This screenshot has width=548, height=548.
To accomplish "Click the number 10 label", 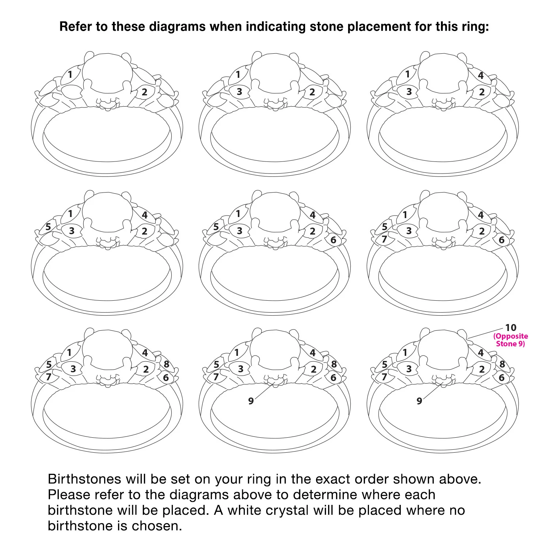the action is [x=511, y=327].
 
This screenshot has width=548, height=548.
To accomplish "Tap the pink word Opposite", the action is [x=511, y=336].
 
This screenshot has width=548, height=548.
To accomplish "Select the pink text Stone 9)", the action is [x=510, y=344].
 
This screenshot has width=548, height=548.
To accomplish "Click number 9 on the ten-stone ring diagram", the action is [x=419, y=401].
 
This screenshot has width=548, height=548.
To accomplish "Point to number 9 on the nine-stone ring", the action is [x=251, y=401].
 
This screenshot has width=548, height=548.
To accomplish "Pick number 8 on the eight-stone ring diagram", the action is [x=167, y=364].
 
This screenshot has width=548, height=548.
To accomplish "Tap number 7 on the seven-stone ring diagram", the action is [x=384, y=239].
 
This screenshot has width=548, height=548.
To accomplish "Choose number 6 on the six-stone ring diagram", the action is [x=333, y=240].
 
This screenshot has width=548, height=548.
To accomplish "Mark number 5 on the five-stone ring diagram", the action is [x=48, y=227].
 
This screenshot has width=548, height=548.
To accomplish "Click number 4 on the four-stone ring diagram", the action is [x=481, y=75].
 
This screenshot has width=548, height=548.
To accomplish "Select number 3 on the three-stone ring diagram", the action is [x=239, y=91].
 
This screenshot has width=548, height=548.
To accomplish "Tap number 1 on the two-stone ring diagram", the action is [x=70, y=75].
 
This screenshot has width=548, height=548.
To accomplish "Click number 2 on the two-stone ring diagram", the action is [x=145, y=92].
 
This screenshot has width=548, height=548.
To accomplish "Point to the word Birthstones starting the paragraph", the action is [x=84, y=479].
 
